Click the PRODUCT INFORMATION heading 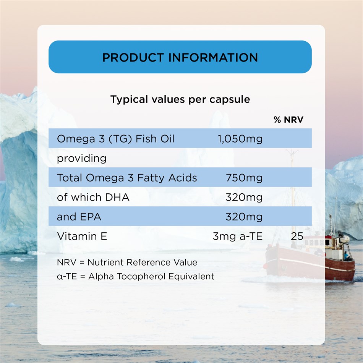coord(180,57)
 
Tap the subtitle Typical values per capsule coord(180,100)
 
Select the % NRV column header coord(288,120)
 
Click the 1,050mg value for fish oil coord(240,139)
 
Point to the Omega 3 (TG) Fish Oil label coord(115,139)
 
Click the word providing coord(81,159)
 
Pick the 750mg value coord(244,178)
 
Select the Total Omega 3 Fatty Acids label coord(127,178)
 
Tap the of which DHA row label coord(93,197)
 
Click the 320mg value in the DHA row coord(244,198)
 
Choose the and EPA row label coord(79,217)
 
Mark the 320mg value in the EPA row coord(244,217)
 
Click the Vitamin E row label coord(82,237)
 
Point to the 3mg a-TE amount coord(238,237)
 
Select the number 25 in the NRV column coord(297,237)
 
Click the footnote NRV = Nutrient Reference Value coord(127,263)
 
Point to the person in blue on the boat coord(346,256)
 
